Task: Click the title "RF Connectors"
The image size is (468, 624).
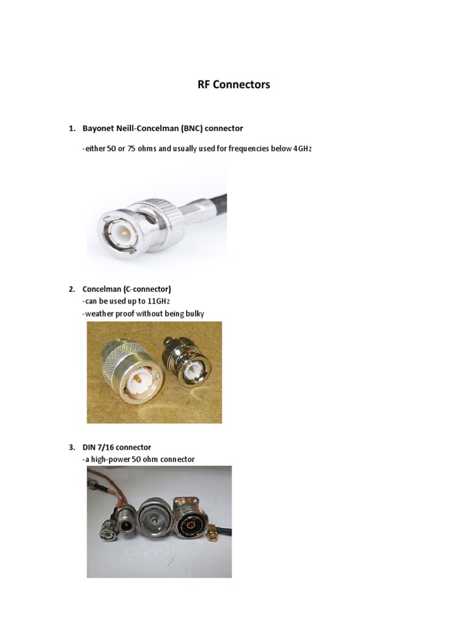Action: tap(233, 85)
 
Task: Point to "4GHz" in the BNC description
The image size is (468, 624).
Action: tap(302, 149)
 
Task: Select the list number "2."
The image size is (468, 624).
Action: tap(72, 289)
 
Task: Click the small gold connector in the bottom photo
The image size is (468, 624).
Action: tap(214, 534)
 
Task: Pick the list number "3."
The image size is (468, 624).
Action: tap(72, 447)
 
